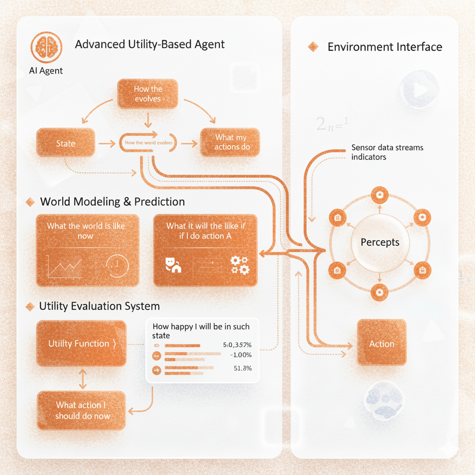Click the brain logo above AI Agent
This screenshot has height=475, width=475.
click(x=45, y=48)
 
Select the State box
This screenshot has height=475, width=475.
click(x=65, y=143)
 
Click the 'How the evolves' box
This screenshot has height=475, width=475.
click(x=148, y=94)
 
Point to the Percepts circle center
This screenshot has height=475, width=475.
click(x=380, y=242)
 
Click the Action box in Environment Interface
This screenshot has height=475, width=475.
click(x=381, y=344)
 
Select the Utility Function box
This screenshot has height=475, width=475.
click(x=81, y=344)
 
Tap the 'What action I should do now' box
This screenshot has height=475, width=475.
click(x=82, y=411)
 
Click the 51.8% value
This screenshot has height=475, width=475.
click(x=240, y=368)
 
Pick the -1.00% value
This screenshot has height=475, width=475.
click(x=241, y=355)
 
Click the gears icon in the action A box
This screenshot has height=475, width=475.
click(x=239, y=264)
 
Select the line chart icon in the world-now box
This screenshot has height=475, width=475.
click(x=64, y=266)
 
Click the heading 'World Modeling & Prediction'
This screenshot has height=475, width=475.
click(x=112, y=202)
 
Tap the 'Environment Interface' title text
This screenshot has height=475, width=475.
click(x=385, y=47)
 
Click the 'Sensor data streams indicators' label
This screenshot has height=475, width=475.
click(x=387, y=152)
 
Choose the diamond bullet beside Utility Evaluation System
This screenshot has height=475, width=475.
click(x=31, y=306)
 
